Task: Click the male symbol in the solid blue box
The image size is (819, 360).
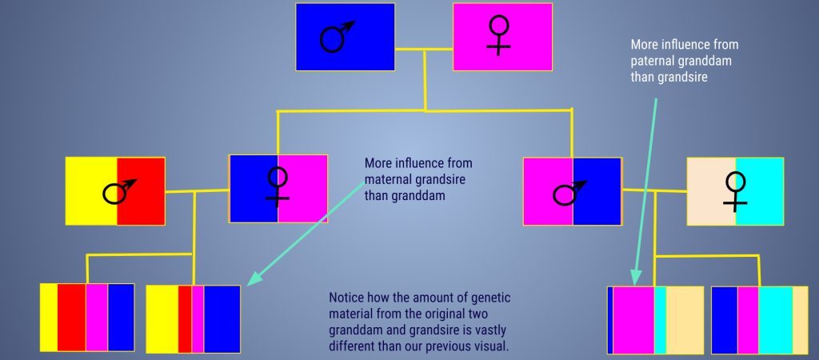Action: pos(337,37)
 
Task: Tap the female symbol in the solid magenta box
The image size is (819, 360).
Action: pos(499,35)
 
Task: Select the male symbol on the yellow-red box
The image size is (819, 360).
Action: pos(120,191)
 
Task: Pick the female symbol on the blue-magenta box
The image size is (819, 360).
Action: pos(278,186)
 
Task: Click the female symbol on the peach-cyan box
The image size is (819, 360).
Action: pos(736,192)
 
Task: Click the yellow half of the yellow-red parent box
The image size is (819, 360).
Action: pos(91,191)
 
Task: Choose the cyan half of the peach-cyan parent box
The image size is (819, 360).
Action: pos(760,192)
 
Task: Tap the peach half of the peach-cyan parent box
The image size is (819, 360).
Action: pos(711,192)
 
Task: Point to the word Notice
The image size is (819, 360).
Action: pos(345,298)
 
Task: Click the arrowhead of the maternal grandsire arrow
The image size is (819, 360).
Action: pos(254,278)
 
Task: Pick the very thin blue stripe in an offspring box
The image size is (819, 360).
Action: pos(610,320)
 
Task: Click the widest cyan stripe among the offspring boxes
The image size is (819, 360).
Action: pos(776,320)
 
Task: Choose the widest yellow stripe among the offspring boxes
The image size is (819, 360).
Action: pos(162,318)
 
